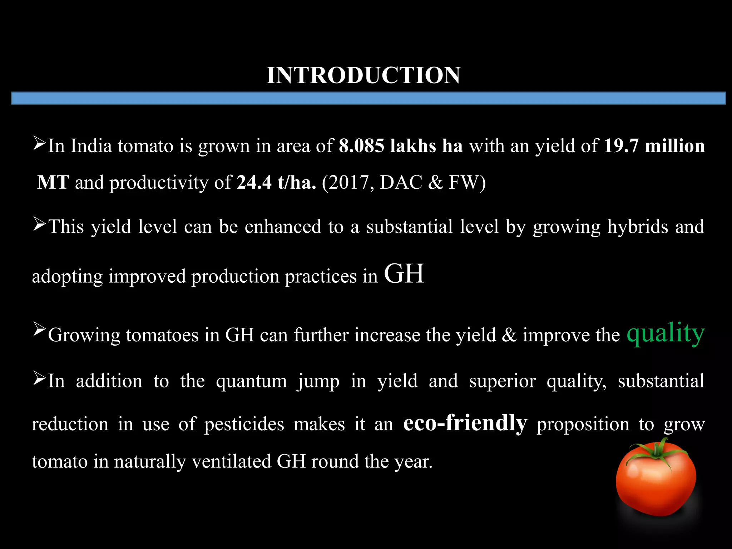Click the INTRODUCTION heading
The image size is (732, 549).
(x=363, y=75)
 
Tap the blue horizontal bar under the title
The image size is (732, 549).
(x=369, y=98)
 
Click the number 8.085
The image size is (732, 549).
(x=361, y=146)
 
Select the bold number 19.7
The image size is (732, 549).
(x=621, y=146)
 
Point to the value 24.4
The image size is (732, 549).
(x=254, y=182)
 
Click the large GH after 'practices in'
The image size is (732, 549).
(x=404, y=273)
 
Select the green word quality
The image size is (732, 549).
(x=666, y=333)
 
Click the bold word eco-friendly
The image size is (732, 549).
(x=465, y=423)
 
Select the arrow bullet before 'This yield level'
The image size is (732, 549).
(x=39, y=224)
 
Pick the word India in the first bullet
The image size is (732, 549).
(x=91, y=146)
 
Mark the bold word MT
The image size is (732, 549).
(x=53, y=182)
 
